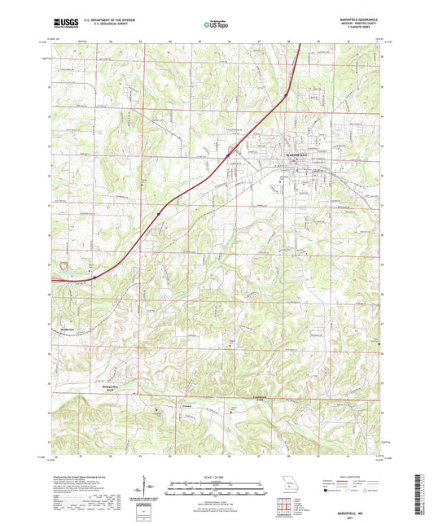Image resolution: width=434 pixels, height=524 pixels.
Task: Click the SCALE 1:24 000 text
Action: [x=216, y=477]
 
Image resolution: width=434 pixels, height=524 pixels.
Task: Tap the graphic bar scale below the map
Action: [x=216, y=491]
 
